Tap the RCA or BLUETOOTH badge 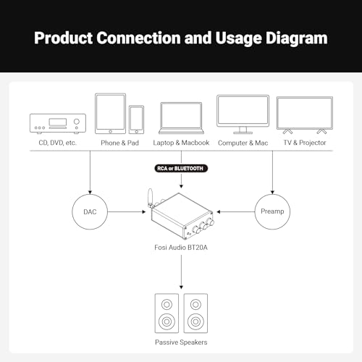pos(181,168)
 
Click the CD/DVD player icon pos(58,124)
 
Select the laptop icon pos(181,118)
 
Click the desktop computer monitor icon pos(243,114)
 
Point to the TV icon pos(305,115)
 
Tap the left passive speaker pos(167,313)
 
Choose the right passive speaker pos(195,313)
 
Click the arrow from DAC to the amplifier pos(127,212)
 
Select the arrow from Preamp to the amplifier pos(236,212)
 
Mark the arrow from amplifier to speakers pos(181,272)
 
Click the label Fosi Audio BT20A pos(181,248)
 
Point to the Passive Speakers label pos(181,342)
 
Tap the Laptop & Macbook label pos(181,143)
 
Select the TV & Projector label pos(305,143)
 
